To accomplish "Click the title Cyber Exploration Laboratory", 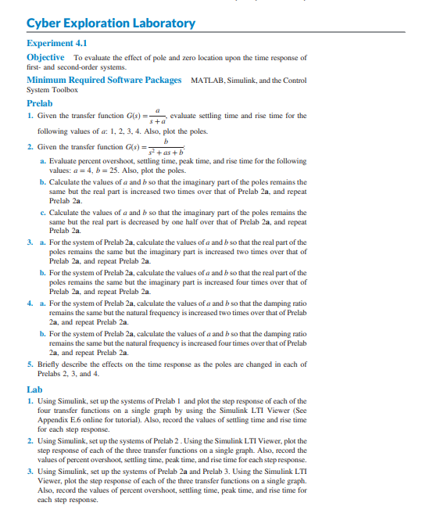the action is coord(111,23).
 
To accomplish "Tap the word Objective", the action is coord(45,58).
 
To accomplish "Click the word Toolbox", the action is coord(66,90).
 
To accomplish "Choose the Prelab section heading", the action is coord(40,102).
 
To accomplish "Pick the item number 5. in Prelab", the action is coord(29,364).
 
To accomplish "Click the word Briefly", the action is coord(51,364).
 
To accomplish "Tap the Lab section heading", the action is coord(34,389).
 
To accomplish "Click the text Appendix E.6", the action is coord(59,421).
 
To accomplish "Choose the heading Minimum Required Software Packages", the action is coord(104,80).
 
